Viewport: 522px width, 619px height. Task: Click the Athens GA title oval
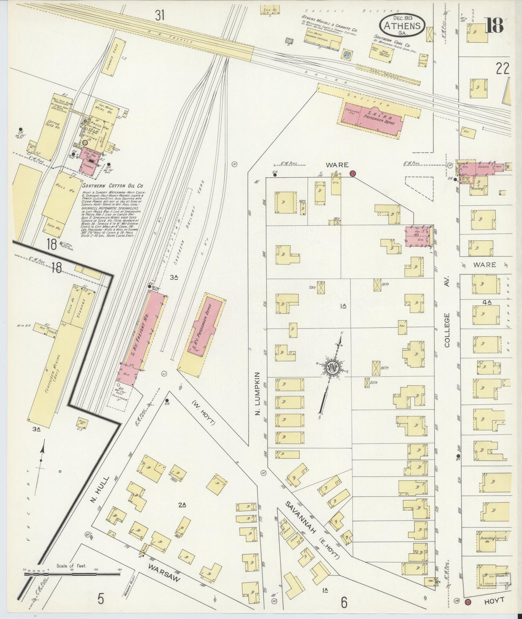click(x=402, y=26)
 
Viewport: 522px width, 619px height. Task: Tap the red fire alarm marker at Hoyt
click(x=468, y=602)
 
